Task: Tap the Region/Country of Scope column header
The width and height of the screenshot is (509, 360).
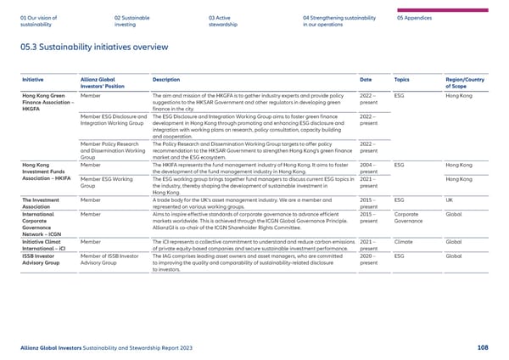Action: [467, 82]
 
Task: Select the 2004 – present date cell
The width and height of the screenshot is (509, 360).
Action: [368, 167]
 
